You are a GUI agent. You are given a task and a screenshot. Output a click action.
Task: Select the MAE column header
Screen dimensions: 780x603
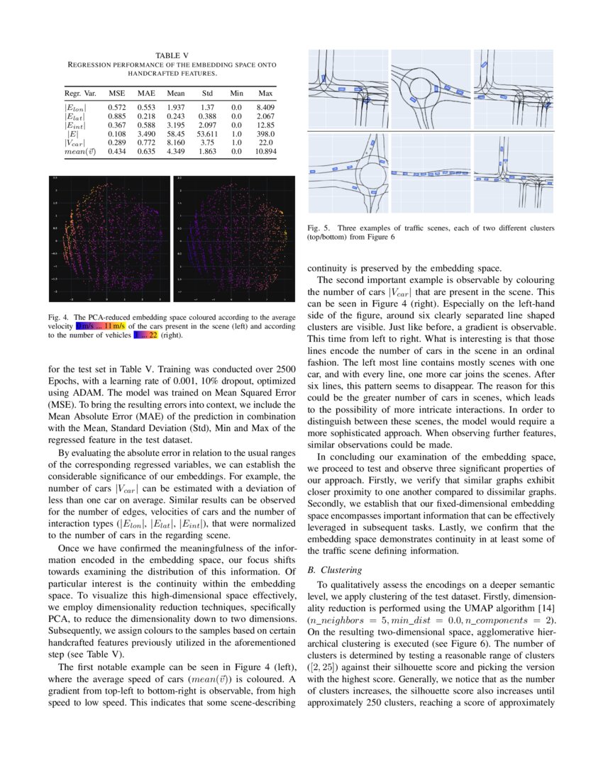pos(146,93)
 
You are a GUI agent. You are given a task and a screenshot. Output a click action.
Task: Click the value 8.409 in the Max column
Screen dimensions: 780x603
pos(266,106)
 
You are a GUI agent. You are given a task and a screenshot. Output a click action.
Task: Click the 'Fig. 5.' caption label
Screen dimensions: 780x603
pos(319,228)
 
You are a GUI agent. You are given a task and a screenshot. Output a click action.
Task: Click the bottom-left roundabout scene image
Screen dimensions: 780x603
pos(348,174)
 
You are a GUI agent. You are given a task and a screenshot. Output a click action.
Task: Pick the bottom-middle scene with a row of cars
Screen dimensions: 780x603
pos(431,174)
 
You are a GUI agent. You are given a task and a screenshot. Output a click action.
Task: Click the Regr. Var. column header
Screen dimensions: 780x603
pos(79,93)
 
